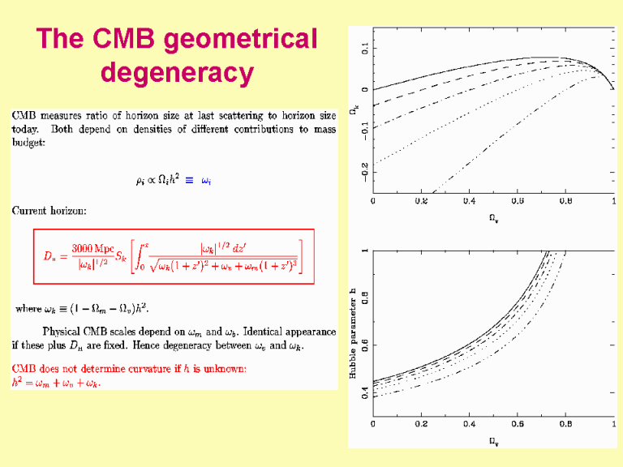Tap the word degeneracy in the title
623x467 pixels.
pyautogui.click(x=177, y=73)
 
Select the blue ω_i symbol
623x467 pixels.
pyautogui.click(x=206, y=181)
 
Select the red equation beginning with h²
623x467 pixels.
pyautogui.click(x=55, y=383)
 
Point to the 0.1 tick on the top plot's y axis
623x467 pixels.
pyautogui.click(x=364, y=49)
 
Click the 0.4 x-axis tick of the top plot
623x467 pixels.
pyautogui.click(x=469, y=200)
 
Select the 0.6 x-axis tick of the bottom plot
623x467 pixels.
pyautogui.click(x=518, y=423)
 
